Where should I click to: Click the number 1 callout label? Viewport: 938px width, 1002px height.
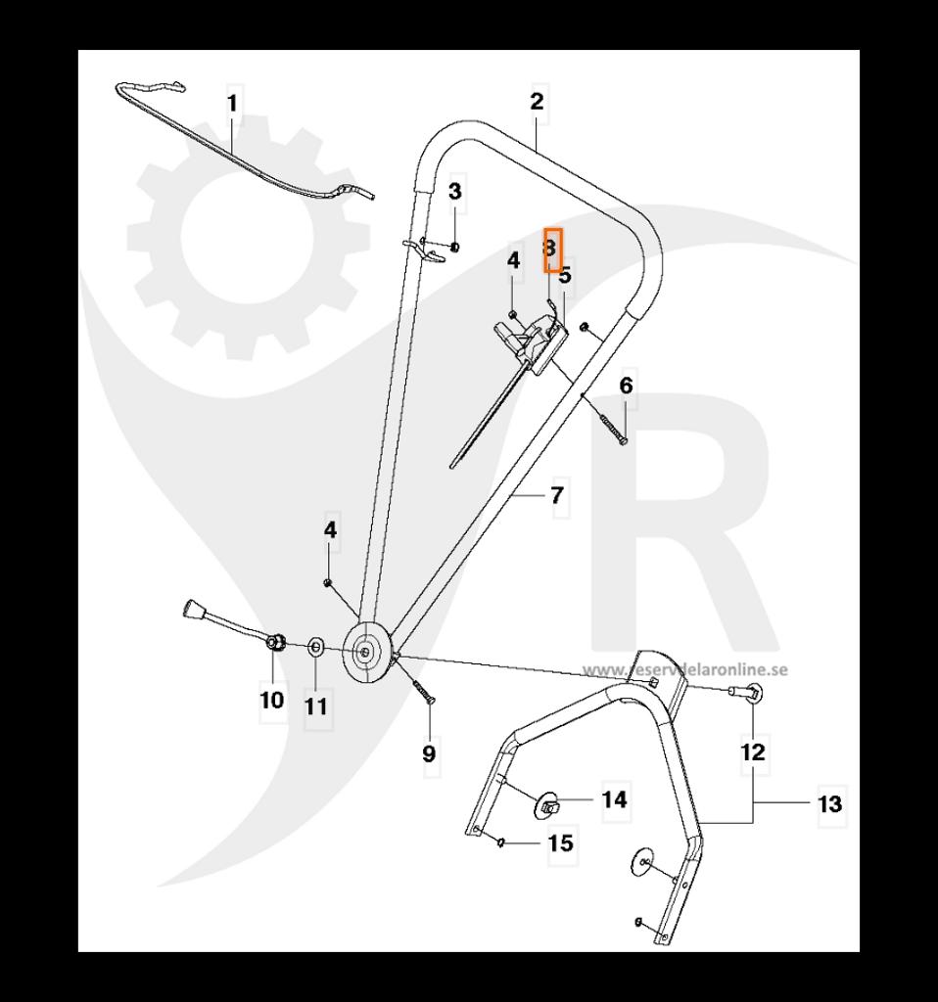coord(233,103)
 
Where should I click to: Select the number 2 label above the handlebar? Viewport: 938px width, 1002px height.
coord(537,101)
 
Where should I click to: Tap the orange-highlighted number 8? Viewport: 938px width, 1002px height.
coord(553,249)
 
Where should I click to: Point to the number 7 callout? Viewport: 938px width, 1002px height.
coord(557,496)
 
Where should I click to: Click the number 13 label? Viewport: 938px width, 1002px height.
coord(829,804)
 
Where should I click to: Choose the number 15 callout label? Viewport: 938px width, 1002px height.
coord(561,843)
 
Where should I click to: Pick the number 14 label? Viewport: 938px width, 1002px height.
coord(614,799)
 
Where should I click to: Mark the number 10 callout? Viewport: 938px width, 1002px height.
coord(271,700)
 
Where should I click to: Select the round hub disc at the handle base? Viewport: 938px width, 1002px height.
coord(366,651)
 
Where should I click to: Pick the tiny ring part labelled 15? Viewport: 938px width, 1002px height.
coord(500,841)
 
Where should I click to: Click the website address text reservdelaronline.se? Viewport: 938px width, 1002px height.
coord(685,670)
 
